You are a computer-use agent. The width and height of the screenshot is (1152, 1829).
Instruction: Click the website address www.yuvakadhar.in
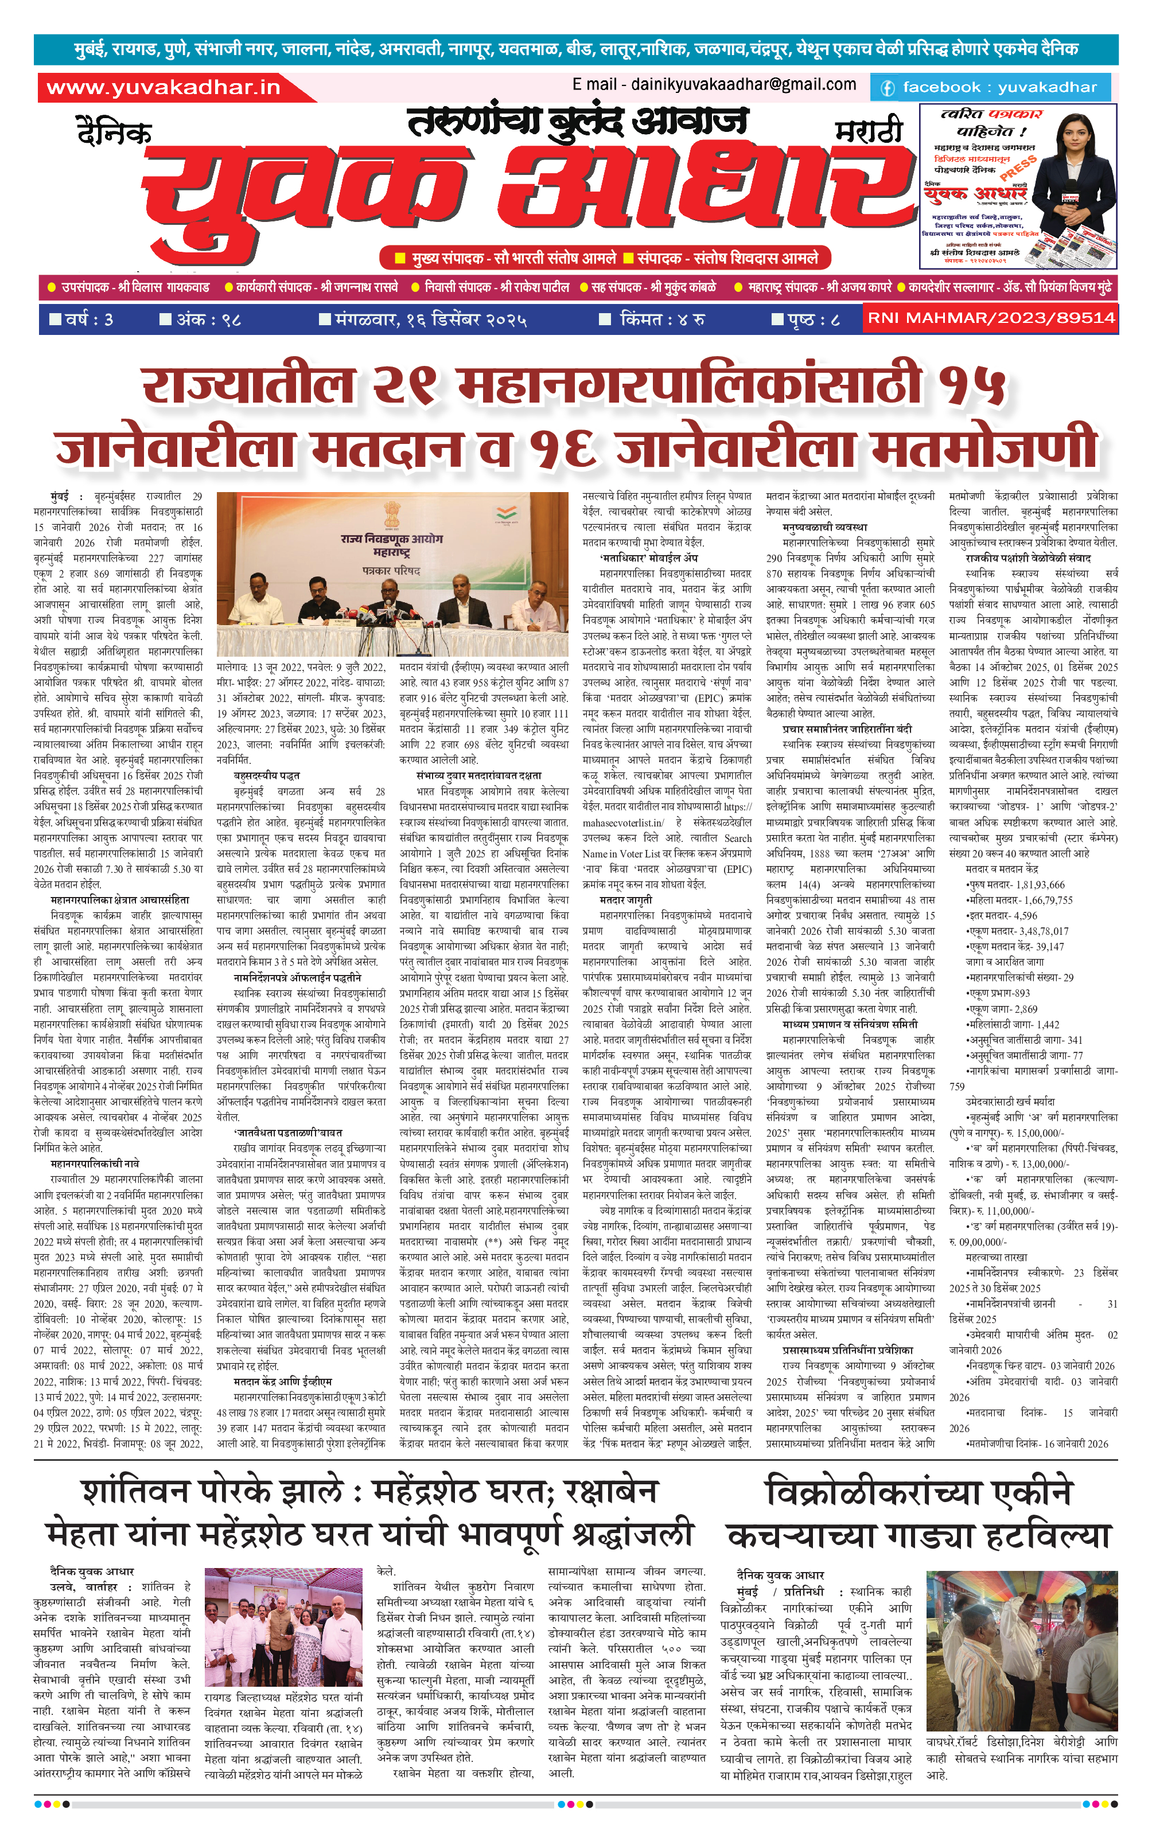164,87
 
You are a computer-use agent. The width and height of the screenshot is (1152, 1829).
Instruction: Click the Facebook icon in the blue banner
887,88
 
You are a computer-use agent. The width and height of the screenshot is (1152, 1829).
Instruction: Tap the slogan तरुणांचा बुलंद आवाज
578,122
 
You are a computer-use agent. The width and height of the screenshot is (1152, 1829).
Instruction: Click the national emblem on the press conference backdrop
391,513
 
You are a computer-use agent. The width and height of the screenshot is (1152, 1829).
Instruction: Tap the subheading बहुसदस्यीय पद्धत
267,775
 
